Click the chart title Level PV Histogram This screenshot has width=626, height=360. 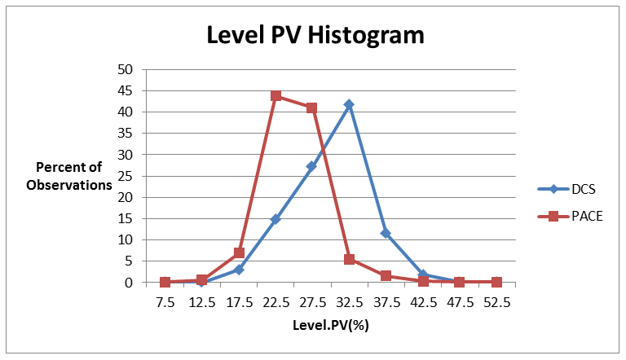tap(315, 36)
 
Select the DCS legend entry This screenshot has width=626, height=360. tap(570, 189)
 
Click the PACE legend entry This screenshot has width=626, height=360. tap(570, 216)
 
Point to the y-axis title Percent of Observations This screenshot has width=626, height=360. tap(68, 176)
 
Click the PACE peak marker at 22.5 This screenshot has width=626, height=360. tap(276, 95)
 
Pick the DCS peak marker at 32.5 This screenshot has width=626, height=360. tap(349, 104)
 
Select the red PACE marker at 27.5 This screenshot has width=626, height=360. tap(312, 108)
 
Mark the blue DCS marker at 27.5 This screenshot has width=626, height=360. tap(312, 166)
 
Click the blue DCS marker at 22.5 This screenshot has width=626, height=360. tap(276, 219)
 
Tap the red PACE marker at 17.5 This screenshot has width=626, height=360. tap(239, 252)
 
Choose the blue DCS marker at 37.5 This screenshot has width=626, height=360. tap(386, 233)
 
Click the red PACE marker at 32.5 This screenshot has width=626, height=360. tap(349, 259)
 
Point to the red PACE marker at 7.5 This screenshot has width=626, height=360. tap(165, 282)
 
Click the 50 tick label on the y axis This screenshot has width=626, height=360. tap(126, 69)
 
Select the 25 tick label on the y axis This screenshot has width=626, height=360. tap(126, 176)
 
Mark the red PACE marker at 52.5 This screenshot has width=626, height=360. tap(496, 282)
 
